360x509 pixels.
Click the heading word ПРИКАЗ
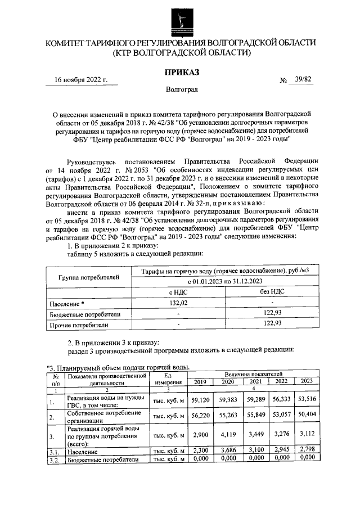coord(181,71)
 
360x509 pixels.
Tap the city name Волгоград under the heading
coord(182,89)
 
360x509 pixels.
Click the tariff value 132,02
coord(178,303)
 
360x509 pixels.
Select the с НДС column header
coord(178,292)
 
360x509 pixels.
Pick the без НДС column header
coord(272,292)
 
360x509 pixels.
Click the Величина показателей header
coord(253,373)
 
